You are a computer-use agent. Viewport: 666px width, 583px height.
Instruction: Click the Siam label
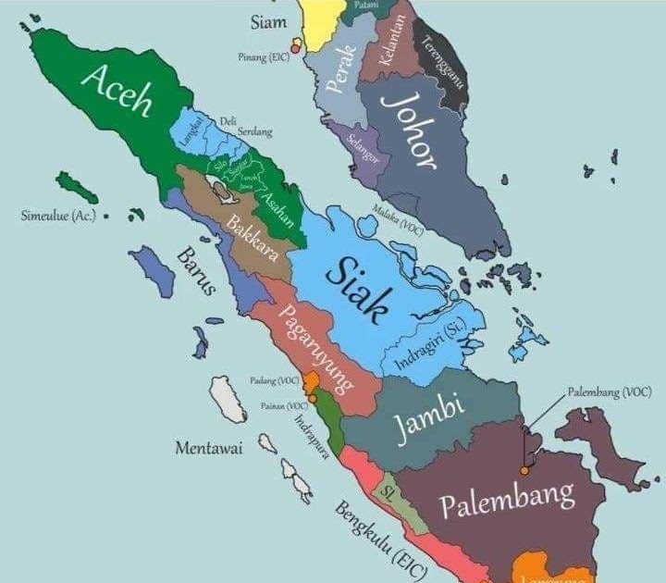pos(268,20)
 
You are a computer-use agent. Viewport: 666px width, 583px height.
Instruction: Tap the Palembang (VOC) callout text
pos(609,391)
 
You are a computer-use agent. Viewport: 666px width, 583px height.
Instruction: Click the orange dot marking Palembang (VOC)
pos(524,471)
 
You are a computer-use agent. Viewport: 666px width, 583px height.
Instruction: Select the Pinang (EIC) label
pos(264,56)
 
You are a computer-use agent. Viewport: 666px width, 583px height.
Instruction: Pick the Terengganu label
pos(443,66)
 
